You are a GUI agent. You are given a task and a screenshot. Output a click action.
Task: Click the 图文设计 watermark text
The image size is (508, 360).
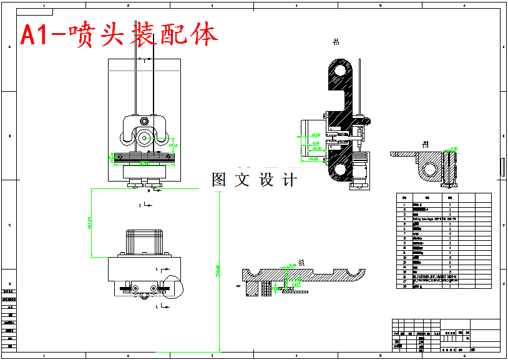coord(254,180)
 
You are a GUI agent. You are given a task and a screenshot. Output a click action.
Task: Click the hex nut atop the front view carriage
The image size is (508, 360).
coord(145,120)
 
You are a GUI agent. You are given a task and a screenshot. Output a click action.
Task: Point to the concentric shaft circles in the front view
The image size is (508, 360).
coord(145,138)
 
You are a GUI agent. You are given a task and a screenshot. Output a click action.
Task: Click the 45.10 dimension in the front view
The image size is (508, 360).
coord(173,145)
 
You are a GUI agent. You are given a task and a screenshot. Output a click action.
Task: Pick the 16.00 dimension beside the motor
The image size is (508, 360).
coord(315,134)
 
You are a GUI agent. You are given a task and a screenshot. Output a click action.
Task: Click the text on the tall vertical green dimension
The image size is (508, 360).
coord(218,270)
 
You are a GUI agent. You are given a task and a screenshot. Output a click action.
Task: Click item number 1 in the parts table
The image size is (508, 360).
coord(404,205)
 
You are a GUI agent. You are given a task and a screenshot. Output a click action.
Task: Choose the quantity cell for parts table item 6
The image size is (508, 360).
coord(450,229)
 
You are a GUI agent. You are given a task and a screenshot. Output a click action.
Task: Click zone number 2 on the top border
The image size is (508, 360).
coord(128,5)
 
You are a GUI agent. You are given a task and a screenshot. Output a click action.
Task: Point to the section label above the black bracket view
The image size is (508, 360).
coord(336,43)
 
